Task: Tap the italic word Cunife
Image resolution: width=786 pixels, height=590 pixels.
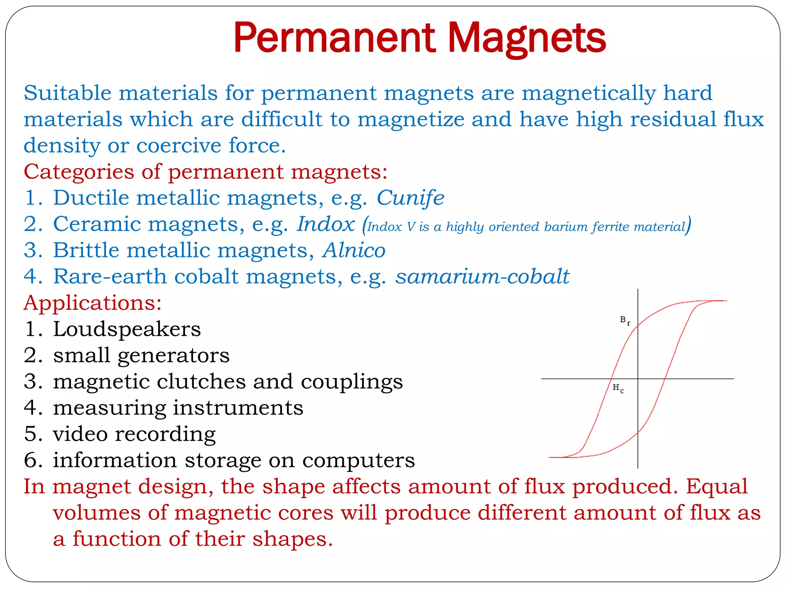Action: point(410,198)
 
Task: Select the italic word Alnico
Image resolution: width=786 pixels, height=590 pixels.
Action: point(354,250)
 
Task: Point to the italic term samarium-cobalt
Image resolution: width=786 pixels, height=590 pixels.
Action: point(482,277)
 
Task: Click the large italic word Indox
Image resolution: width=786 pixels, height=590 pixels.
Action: point(326,224)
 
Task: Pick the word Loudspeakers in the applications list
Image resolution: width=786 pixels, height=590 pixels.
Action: point(127,329)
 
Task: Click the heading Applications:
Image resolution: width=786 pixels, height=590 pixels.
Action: point(92,303)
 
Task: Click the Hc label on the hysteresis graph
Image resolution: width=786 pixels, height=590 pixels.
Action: point(618,388)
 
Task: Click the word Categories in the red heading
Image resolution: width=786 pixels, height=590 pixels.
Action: point(79,171)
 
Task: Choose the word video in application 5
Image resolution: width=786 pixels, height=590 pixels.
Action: point(80,434)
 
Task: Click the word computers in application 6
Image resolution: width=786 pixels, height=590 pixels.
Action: point(358,460)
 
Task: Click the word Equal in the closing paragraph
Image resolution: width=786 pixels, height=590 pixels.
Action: point(717,487)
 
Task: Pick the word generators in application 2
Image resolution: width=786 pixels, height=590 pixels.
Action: point(173,356)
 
